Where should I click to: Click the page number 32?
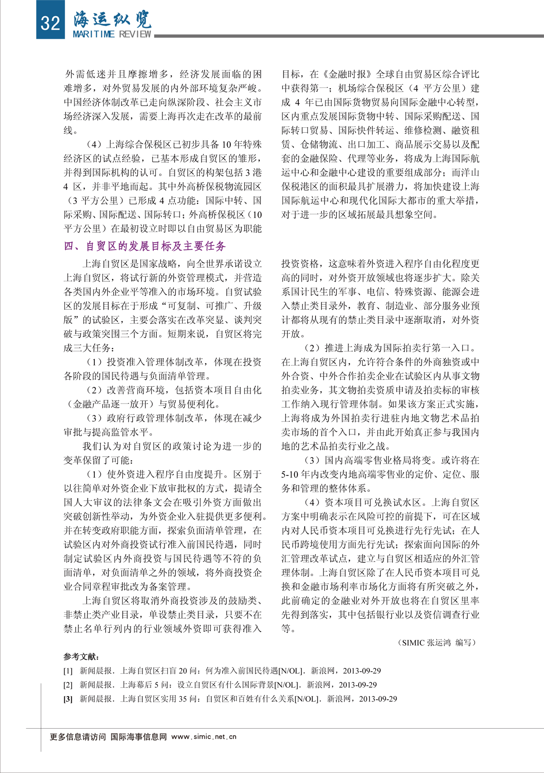[x=50, y=22]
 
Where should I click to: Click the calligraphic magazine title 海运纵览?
[x=112, y=19]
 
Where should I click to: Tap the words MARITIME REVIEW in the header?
[x=112, y=34]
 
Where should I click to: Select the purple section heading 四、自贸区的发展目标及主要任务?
[x=145, y=246]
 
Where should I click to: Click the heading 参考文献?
[x=82, y=657]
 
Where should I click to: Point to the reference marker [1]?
[x=68, y=671]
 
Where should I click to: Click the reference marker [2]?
[x=68, y=685]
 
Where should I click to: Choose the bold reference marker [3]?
[x=68, y=699]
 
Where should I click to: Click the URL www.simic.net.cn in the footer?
[x=204, y=737]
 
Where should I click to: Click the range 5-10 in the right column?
[x=290, y=475]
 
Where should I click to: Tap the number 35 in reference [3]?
[x=183, y=699]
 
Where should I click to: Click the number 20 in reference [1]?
[x=183, y=671]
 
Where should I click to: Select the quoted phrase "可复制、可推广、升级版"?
[x=209, y=306]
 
